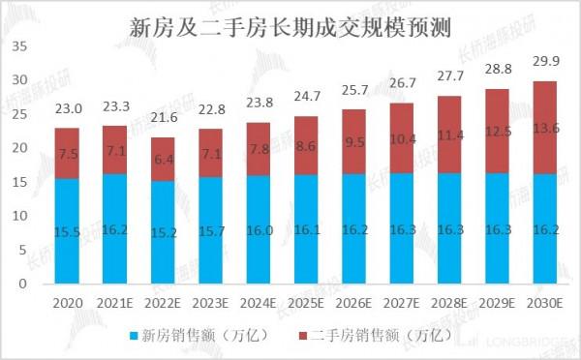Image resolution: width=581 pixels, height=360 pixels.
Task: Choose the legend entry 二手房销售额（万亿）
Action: click(x=373, y=335)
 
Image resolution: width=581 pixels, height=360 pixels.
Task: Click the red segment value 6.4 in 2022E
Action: click(x=163, y=159)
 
